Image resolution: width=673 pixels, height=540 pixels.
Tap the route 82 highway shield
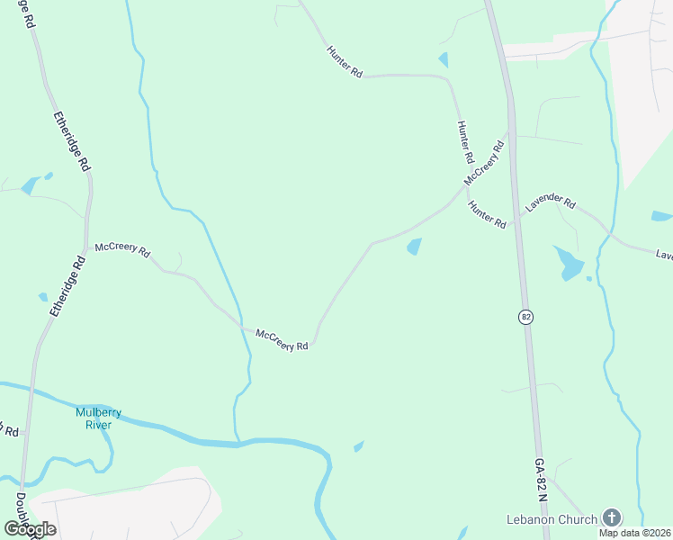[x=525, y=317]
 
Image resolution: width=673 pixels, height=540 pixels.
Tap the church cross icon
[x=612, y=517]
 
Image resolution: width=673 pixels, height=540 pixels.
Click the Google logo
[x=31, y=529]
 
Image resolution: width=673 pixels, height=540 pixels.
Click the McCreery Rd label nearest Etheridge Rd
[x=122, y=249]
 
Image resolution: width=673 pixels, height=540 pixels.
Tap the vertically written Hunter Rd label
[x=465, y=142]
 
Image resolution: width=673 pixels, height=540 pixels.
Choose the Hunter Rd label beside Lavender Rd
[x=487, y=214]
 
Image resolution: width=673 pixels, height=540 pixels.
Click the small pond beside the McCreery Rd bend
[x=414, y=246]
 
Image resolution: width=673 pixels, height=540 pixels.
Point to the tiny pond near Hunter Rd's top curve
[x=443, y=60]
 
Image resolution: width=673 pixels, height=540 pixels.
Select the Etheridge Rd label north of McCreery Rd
[x=72, y=141]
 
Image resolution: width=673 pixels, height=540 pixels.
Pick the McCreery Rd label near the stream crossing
[x=282, y=339]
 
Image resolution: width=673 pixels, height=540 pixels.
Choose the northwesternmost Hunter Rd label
[x=344, y=61]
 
